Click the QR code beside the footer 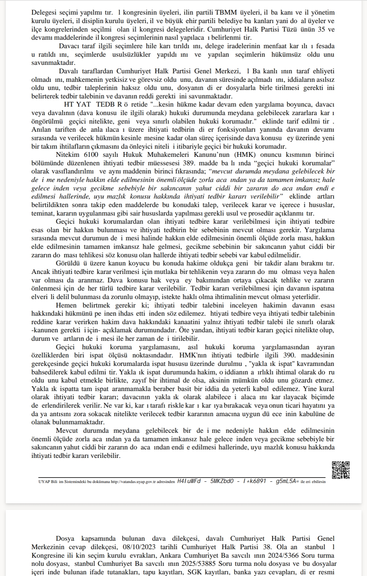click(x=341, y=470)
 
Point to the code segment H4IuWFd click(x=189, y=481)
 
